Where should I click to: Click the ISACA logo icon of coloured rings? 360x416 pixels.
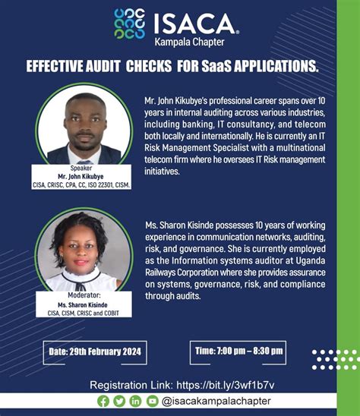click(x=128, y=24)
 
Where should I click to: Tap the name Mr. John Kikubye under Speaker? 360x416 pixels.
click(x=80, y=176)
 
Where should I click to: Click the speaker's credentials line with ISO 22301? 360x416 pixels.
click(x=80, y=184)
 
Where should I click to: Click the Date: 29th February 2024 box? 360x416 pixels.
click(x=95, y=352)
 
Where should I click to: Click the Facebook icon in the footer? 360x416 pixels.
click(x=104, y=402)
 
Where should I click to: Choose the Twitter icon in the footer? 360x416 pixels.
click(x=119, y=402)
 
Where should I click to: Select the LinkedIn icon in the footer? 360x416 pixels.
click(x=135, y=402)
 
